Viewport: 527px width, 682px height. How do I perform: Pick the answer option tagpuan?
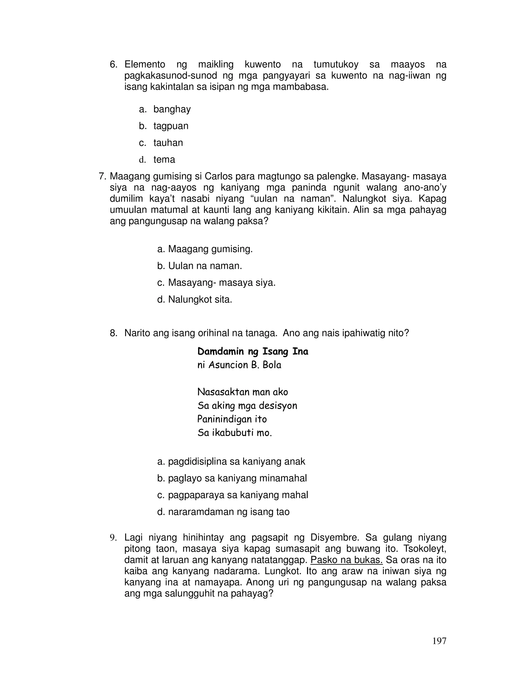coord(171,126)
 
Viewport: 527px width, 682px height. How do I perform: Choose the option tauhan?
coord(168,143)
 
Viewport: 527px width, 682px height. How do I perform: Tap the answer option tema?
coord(164,160)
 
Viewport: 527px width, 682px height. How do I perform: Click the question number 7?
coord(103,177)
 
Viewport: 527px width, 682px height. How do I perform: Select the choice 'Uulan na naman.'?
coord(205,266)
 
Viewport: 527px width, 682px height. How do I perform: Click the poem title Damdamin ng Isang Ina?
coord(253,352)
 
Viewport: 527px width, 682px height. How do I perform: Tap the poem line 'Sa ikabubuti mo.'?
coord(234,433)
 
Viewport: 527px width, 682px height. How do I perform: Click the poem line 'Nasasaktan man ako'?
coord(243,392)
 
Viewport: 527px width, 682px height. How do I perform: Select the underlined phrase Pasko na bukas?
coord(347,560)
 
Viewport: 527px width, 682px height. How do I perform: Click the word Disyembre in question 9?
coord(335,537)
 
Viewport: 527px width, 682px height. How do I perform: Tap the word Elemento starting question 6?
coord(145,65)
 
